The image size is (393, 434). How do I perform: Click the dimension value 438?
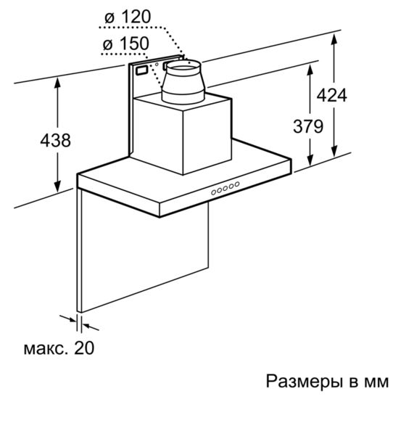pos(56,140)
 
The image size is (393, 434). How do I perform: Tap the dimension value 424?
pos(331,96)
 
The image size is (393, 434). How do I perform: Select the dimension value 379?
pos(308,126)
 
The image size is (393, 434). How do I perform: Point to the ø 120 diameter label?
pos(128,17)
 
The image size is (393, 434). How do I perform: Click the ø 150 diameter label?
pos(126,44)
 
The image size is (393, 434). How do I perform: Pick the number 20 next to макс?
pos(84,348)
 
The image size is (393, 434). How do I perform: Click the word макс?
pos(46,350)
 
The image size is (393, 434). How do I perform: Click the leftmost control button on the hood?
pos(214,192)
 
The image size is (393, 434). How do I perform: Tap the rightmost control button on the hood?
pos(237,184)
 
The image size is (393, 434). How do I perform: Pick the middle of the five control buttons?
pos(226,188)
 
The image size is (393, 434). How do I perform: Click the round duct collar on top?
pos(183,82)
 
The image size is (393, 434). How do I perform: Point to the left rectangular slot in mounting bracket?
pos(142,70)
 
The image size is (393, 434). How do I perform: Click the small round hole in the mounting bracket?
pos(157,65)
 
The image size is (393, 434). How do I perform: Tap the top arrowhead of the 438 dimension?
pos(57,82)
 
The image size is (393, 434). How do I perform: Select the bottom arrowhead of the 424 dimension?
pos(334,152)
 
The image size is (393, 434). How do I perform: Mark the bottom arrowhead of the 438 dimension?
pos(57,187)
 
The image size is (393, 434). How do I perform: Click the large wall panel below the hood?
pos(144,249)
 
